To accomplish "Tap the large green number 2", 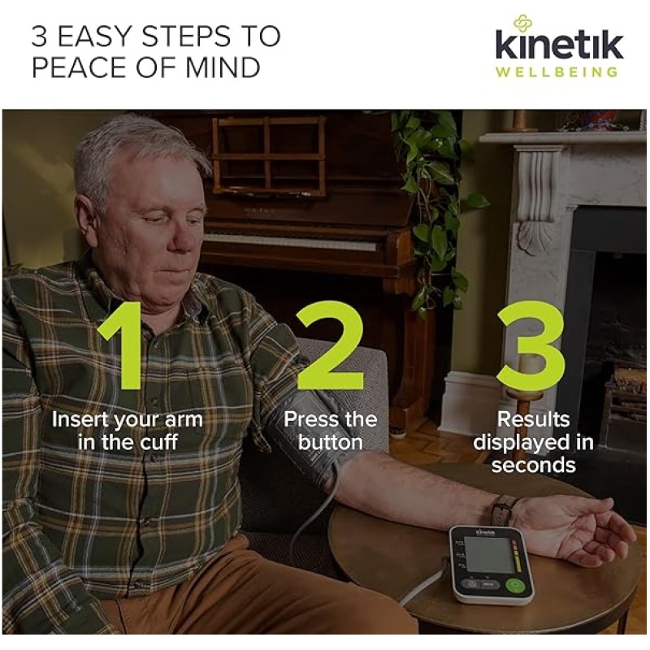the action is pyautogui.click(x=330, y=345).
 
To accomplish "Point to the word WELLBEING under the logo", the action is pyautogui.click(x=557, y=72).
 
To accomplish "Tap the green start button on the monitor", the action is pyautogui.click(x=515, y=584).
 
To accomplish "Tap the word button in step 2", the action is pyautogui.click(x=331, y=442).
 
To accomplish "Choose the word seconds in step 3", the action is pyautogui.click(x=534, y=465).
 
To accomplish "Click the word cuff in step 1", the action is pyautogui.click(x=158, y=442).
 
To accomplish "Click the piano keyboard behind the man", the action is pyautogui.click(x=290, y=241).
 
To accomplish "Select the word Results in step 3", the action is pyautogui.click(x=534, y=419).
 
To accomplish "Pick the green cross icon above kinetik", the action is pyautogui.click(x=522, y=23).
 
